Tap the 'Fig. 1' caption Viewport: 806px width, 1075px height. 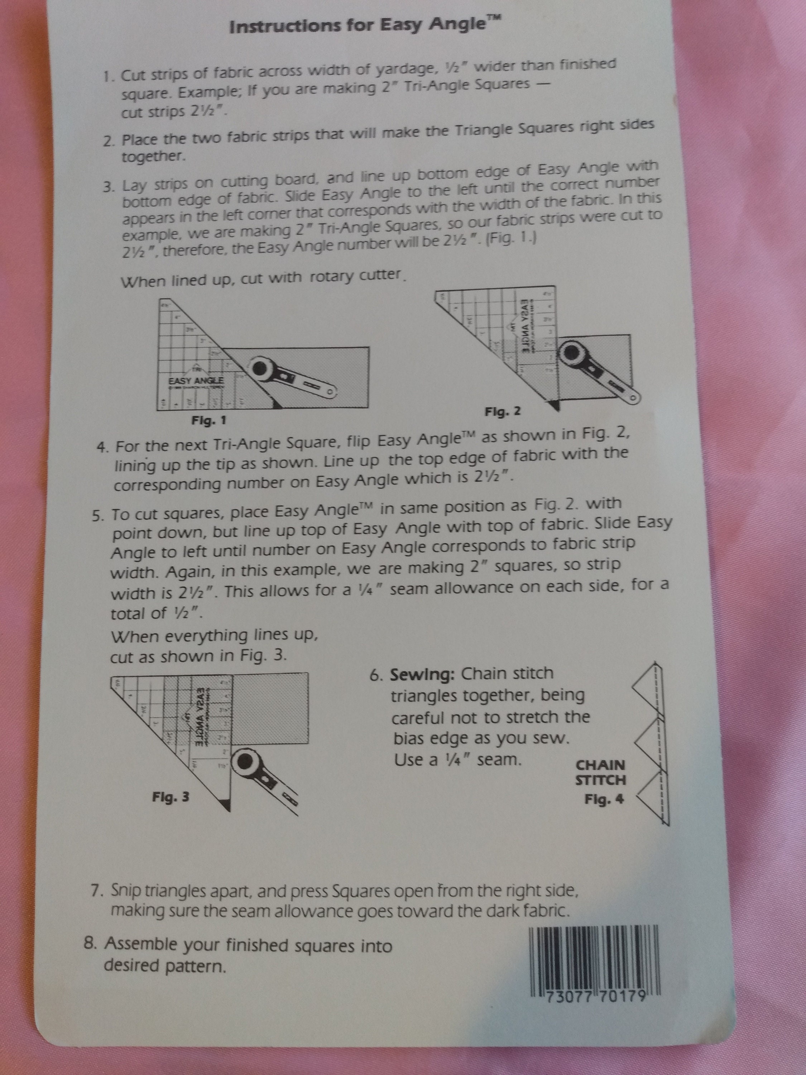pyautogui.click(x=208, y=420)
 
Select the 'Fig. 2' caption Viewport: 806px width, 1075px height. pyautogui.click(x=502, y=412)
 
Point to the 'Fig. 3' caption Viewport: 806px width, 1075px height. pyautogui.click(x=171, y=797)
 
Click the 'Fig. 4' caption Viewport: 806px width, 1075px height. pyautogui.click(x=604, y=799)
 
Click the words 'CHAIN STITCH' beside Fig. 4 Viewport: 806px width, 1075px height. pyautogui.click(x=600, y=772)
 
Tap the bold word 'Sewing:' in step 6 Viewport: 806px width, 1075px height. pyautogui.click(x=422, y=675)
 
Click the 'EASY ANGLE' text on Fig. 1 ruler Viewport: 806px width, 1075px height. pyautogui.click(x=196, y=381)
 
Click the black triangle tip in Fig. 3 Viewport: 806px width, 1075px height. pyautogui.click(x=222, y=805)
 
